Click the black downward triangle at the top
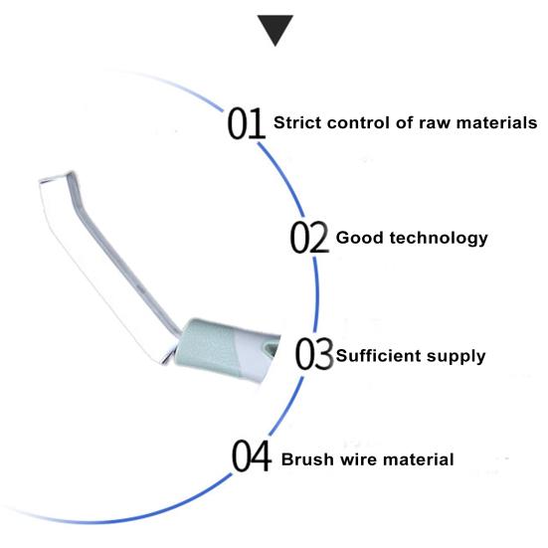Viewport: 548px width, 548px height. (x=275, y=29)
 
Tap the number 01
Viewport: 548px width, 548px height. (x=246, y=123)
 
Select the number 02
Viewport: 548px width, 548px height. (x=309, y=238)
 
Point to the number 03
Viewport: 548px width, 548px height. (x=314, y=354)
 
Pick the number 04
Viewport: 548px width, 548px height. (x=252, y=456)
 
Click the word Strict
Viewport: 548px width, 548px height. (x=297, y=122)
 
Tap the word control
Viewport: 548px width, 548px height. (x=358, y=122)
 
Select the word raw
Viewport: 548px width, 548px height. (x=435, y=123)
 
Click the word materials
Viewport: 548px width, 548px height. (x=496, y=122)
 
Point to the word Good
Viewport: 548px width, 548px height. (x=360, y=238)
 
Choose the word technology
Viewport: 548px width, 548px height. (x=439, y=239)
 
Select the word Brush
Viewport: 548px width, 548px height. (x=307, y=459)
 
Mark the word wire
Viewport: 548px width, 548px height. (x=358, y=459)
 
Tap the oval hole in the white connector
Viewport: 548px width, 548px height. (x=271, y=348)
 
